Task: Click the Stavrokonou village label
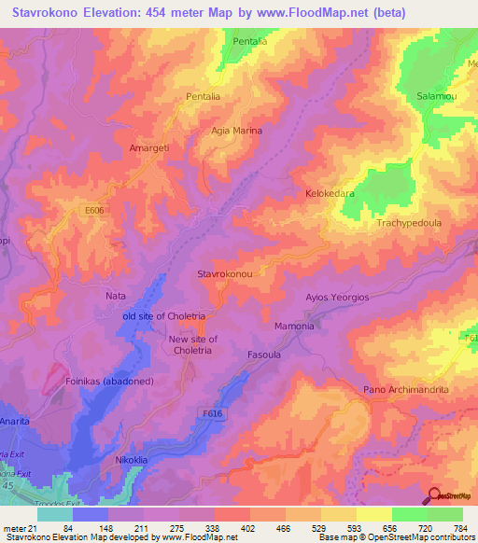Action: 225,274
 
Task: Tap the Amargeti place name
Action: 148,147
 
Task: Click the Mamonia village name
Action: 294,327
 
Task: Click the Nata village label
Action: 116,296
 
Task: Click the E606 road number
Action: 93,211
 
